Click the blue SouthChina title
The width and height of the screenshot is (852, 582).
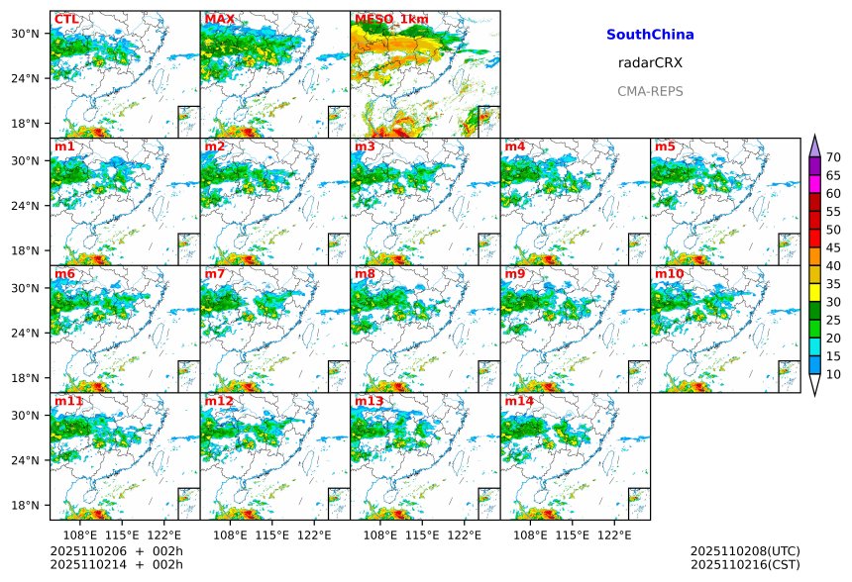coord(650,35)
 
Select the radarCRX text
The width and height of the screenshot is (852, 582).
coord(650,62)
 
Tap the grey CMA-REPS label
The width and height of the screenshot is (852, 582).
coord(650,91)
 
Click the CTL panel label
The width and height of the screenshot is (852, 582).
coord(65,19)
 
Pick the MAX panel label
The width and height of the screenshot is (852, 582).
coord(219,19)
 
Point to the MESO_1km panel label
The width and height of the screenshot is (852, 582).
coord(391,19)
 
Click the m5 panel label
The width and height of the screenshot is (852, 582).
coord(665,147)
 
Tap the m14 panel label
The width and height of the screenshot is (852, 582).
coord(519,401)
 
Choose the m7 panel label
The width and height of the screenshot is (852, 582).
coord(215,273)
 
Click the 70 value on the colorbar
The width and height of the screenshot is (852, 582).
coord(833,157)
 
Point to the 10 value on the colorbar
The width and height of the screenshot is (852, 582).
coord(833,374)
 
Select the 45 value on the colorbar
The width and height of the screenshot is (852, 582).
coord(833,247)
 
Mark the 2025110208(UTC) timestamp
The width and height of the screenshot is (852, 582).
coord(745,551)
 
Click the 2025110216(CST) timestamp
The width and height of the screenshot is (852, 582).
coord(745,564)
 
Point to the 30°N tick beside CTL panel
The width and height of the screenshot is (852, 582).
coord(25,34)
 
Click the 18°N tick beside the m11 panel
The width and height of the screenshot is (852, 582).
coord(25,505)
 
